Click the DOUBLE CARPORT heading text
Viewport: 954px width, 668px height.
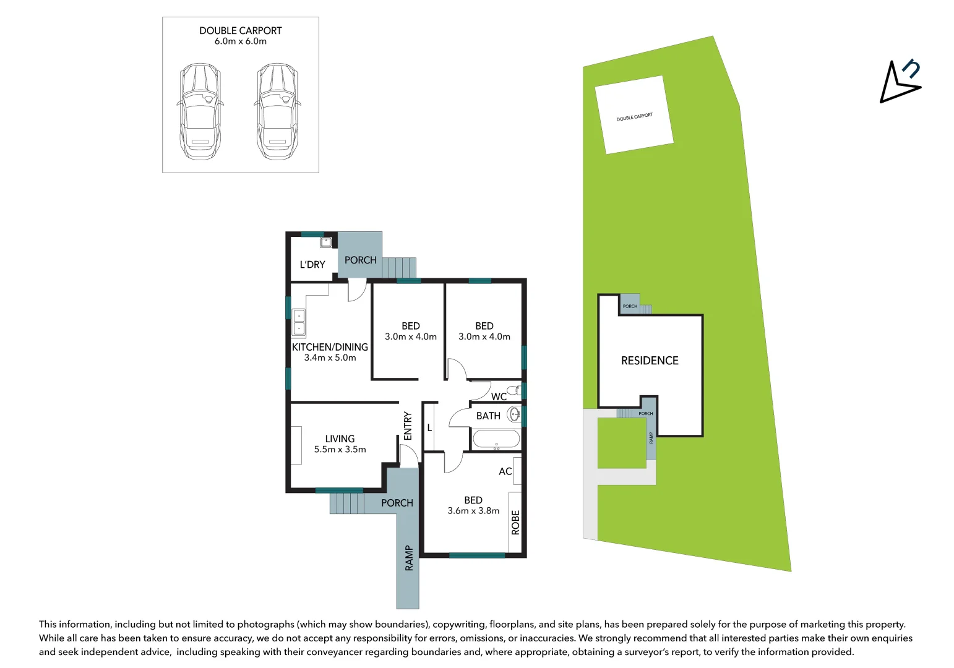[240, 31]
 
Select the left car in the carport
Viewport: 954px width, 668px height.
[200, 111]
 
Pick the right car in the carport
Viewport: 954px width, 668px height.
[277, 111]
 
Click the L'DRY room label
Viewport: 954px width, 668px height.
[312, 265]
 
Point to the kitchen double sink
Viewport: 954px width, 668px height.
[299, 322]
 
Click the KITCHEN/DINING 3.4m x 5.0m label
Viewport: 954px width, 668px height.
[330, 352]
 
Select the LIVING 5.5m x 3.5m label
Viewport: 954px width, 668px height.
[340, 443]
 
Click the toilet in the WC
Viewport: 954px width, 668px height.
[514, 390]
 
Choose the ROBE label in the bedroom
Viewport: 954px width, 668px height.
[515, 522]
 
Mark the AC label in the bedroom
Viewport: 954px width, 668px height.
[505, 471]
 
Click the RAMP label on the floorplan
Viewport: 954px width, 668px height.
[408, 558]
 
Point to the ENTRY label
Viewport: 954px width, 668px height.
[407, 426]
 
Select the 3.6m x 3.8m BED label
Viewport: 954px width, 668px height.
[473, 505]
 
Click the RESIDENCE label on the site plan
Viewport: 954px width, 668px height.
[650, 361]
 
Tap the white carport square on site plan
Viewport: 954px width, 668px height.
[634, 115]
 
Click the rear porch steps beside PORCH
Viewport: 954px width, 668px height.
[399, 268]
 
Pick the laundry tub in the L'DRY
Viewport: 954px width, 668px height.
[325, 242]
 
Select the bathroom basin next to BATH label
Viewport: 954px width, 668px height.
[514, 414]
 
